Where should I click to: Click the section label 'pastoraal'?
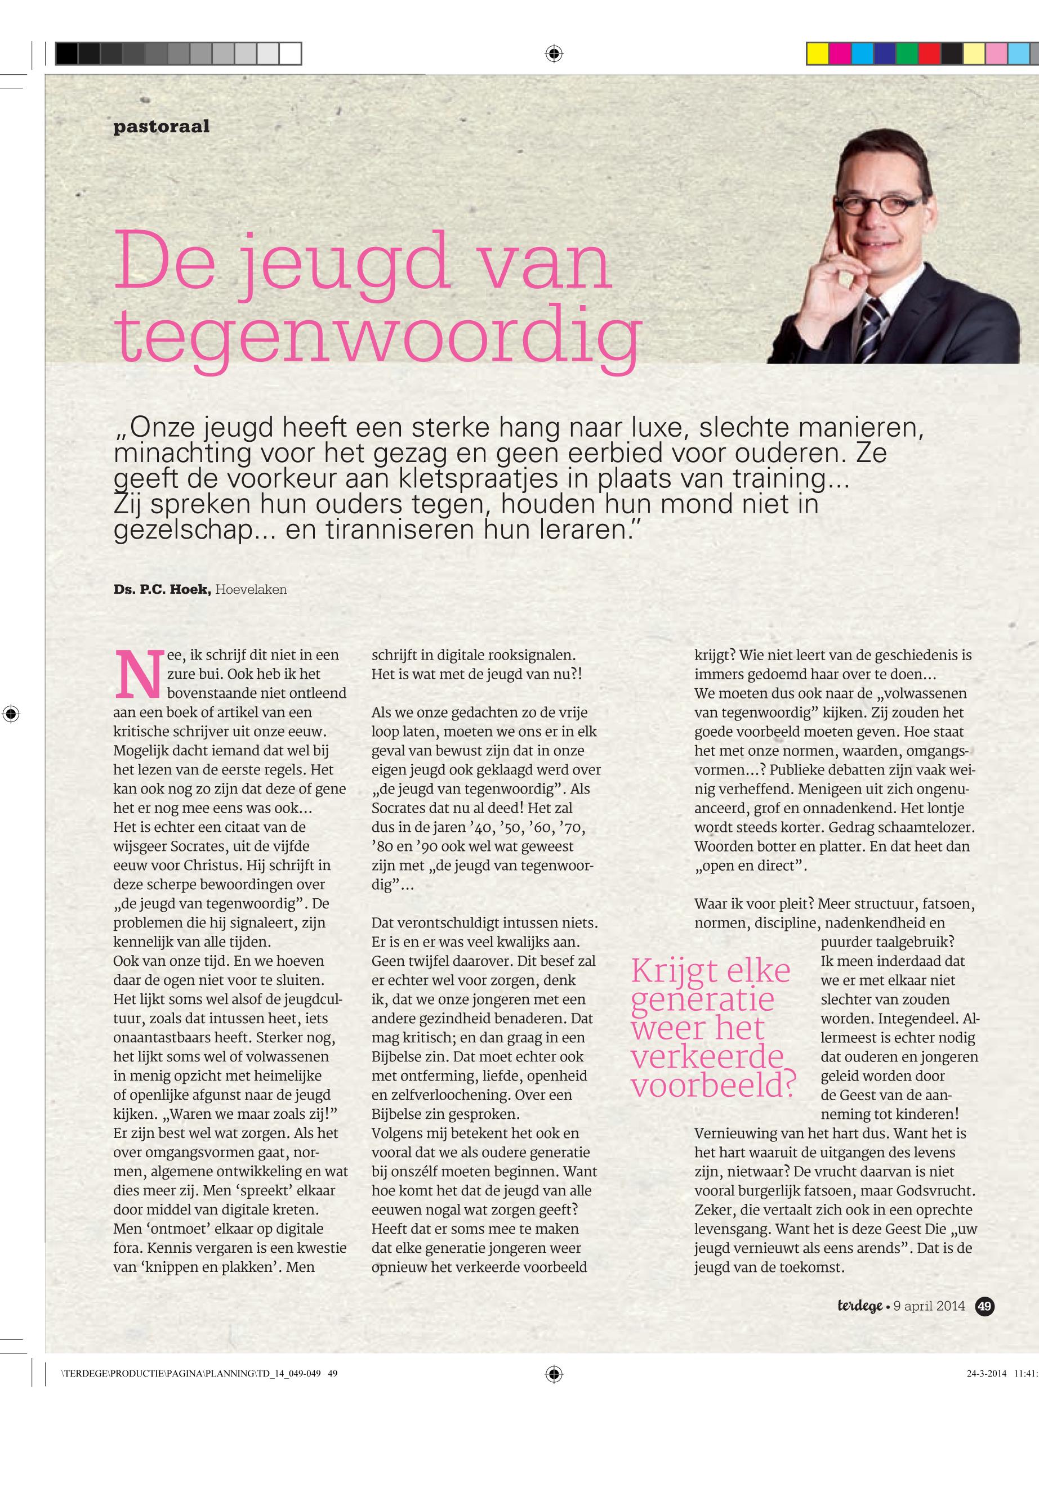pos(162,126)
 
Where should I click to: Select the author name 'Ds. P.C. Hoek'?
pos(162,590)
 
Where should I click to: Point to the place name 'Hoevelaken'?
pos(251,590)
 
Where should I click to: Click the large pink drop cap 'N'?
pos(138,673)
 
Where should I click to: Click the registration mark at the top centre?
pos(554,53)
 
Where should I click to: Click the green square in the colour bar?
pos(906,53)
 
